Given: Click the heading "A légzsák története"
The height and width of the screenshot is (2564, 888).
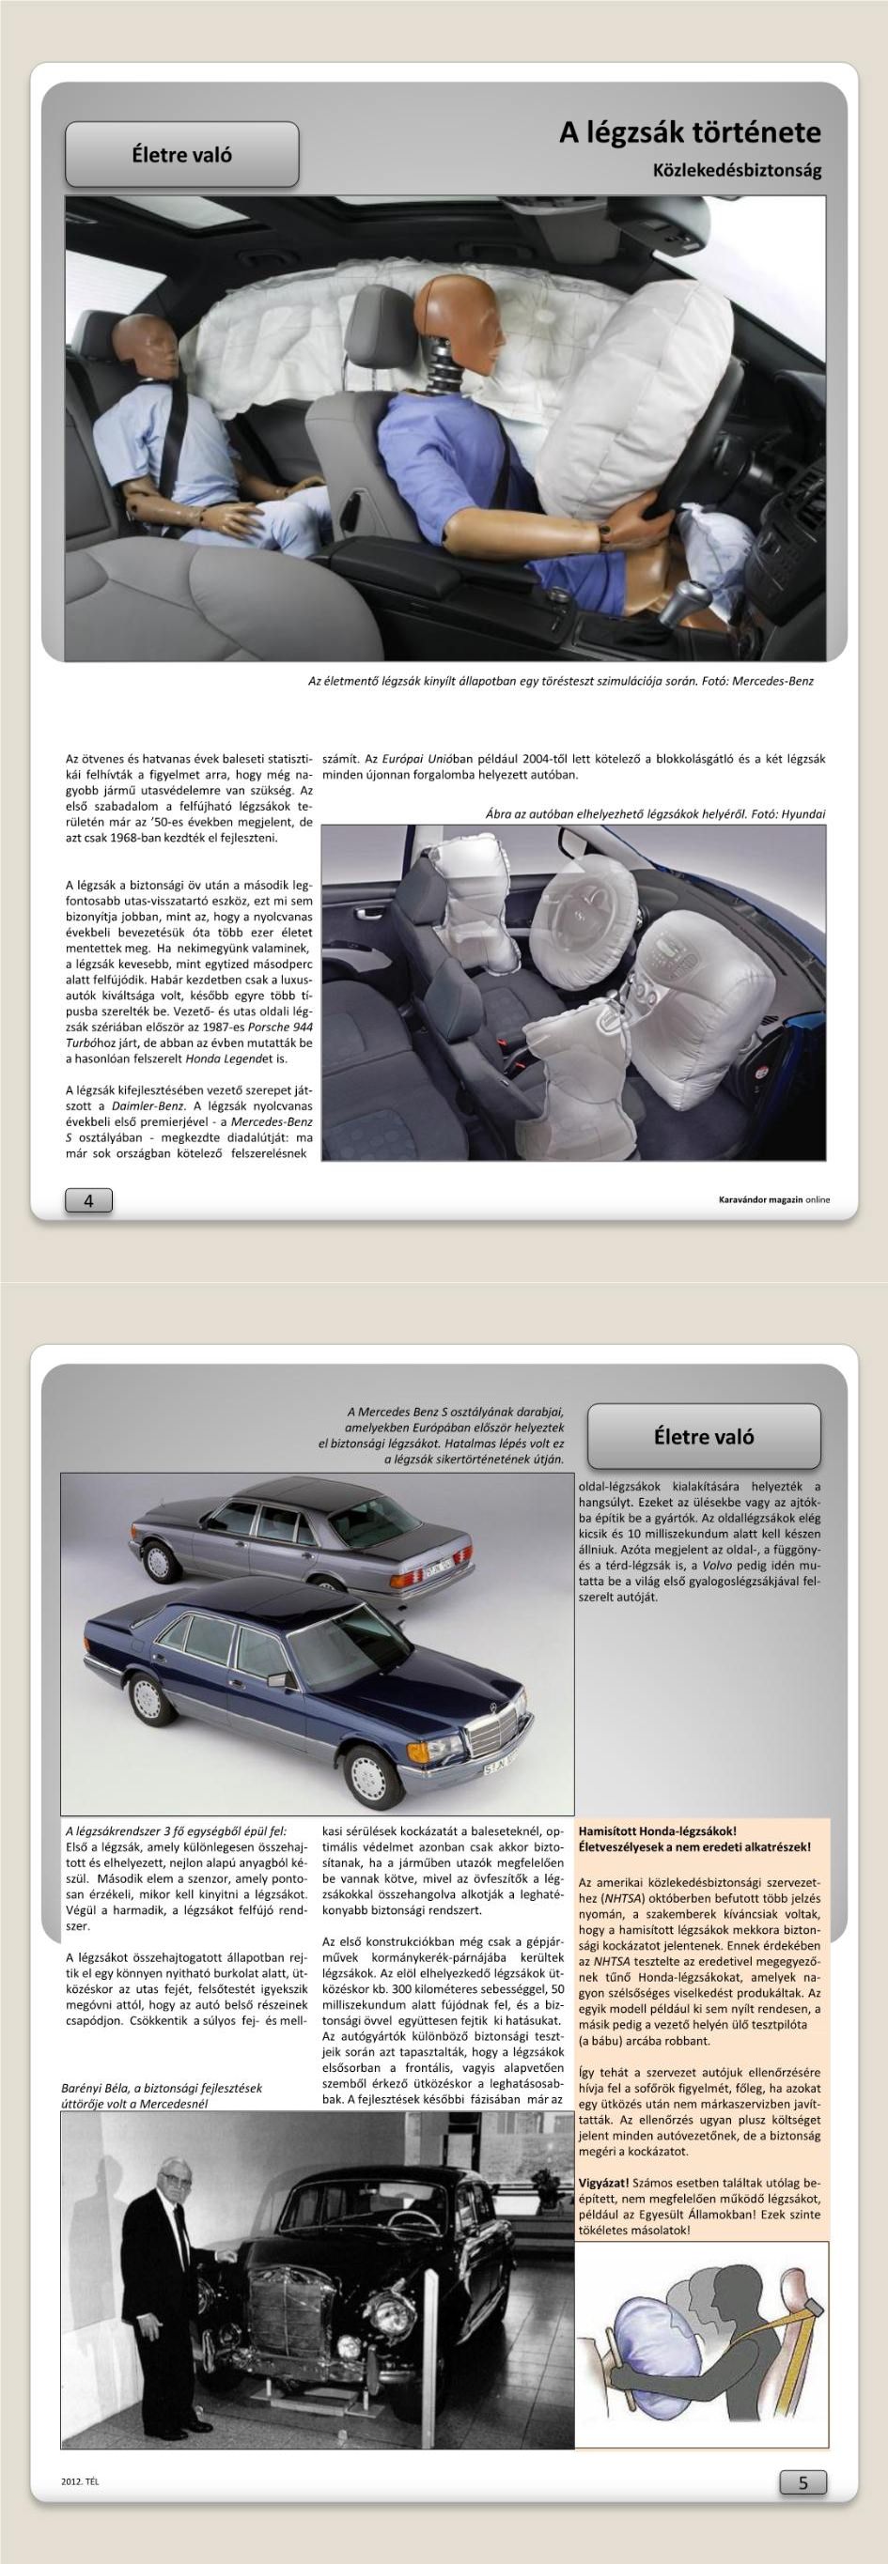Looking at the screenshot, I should pos(689,132).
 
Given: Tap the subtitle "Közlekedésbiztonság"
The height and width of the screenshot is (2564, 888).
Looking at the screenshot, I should pos(737,170).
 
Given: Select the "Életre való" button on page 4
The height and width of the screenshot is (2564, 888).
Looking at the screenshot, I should pos(182,154).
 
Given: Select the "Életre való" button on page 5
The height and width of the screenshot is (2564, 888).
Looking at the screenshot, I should pos(704,1436).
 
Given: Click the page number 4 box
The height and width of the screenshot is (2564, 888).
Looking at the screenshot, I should pos(88,1201).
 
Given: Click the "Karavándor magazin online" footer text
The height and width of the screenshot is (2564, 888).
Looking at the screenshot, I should pos(773,1199).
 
